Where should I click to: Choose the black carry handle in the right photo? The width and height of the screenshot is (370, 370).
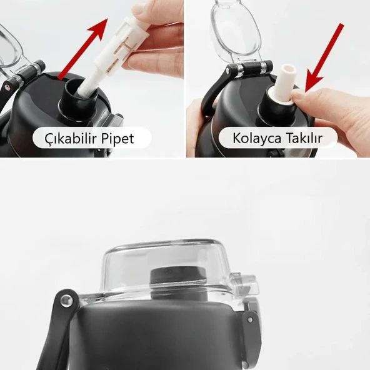(209, 100)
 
